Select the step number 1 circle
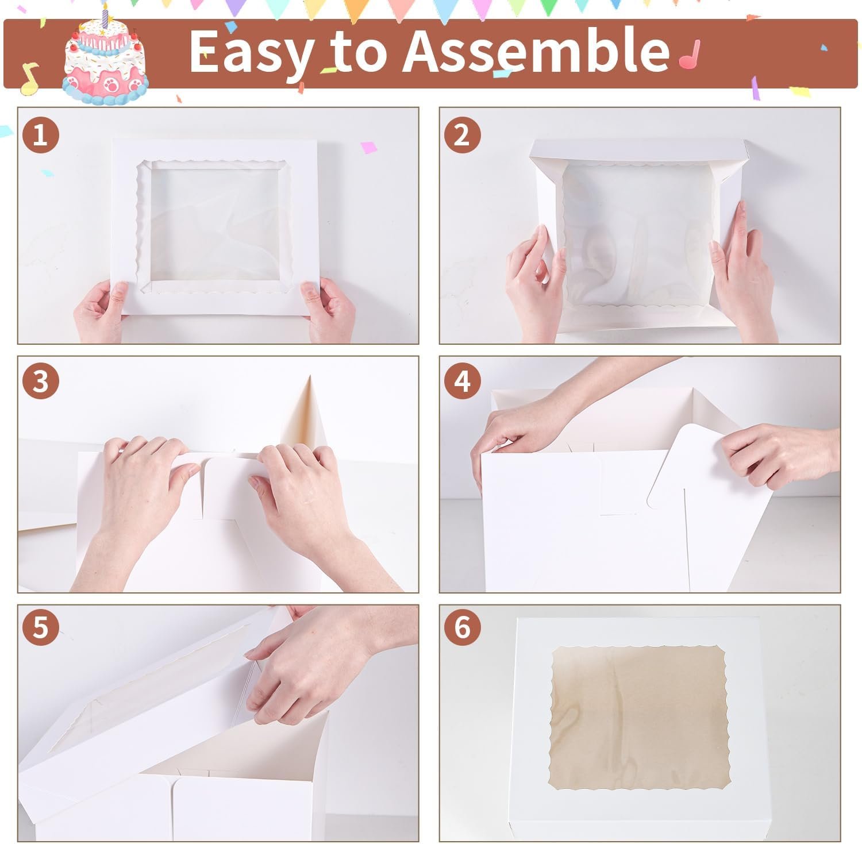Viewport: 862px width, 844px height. tap(40, 136)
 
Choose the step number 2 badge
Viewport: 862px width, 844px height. tap(462, 136)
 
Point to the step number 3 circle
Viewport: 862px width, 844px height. tap(40, 381)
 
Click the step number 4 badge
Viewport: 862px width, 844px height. tap(462, 381)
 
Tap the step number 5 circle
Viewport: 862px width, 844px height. tap(40, 627)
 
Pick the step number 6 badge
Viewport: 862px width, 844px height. tap(462, 627)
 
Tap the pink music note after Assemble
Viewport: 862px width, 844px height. tap(689, 53)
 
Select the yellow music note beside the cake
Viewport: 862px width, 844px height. tap(29, 78)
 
